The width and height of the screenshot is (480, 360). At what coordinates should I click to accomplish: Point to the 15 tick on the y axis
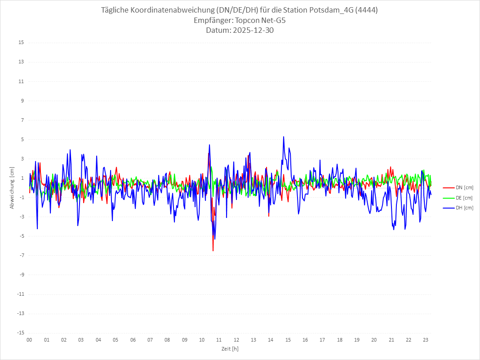pos(21,43)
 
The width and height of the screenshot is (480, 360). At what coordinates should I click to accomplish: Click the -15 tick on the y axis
pos(20,333)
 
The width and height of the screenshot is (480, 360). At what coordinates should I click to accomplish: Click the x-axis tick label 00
pos(29,340)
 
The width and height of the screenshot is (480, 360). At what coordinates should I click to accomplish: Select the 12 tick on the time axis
pos(236,340)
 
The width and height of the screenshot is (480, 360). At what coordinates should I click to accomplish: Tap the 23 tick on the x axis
pos(426,340)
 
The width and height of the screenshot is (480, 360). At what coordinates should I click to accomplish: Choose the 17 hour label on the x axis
pos(322,340)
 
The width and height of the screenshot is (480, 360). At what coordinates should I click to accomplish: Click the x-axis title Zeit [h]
pos(230,348)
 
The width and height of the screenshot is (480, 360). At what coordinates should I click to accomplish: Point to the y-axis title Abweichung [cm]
pos(12,188)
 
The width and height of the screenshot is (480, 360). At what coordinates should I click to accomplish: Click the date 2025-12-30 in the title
pos(240,31)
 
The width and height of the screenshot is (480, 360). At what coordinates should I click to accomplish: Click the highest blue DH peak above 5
pos(284,137)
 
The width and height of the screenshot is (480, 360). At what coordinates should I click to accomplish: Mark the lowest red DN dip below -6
pos(213,250)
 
